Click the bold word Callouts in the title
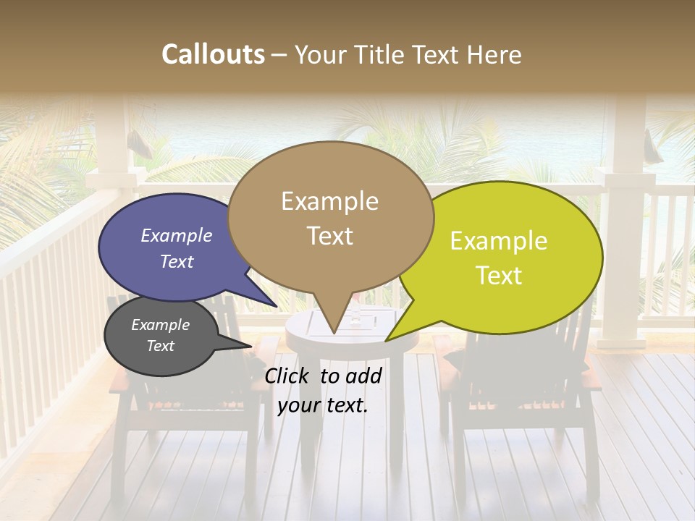213,54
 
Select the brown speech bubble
330,217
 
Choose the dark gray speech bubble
161,336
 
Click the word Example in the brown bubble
330,201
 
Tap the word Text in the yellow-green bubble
498,276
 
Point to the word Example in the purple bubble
176,235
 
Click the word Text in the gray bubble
161,346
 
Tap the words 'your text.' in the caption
323,405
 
